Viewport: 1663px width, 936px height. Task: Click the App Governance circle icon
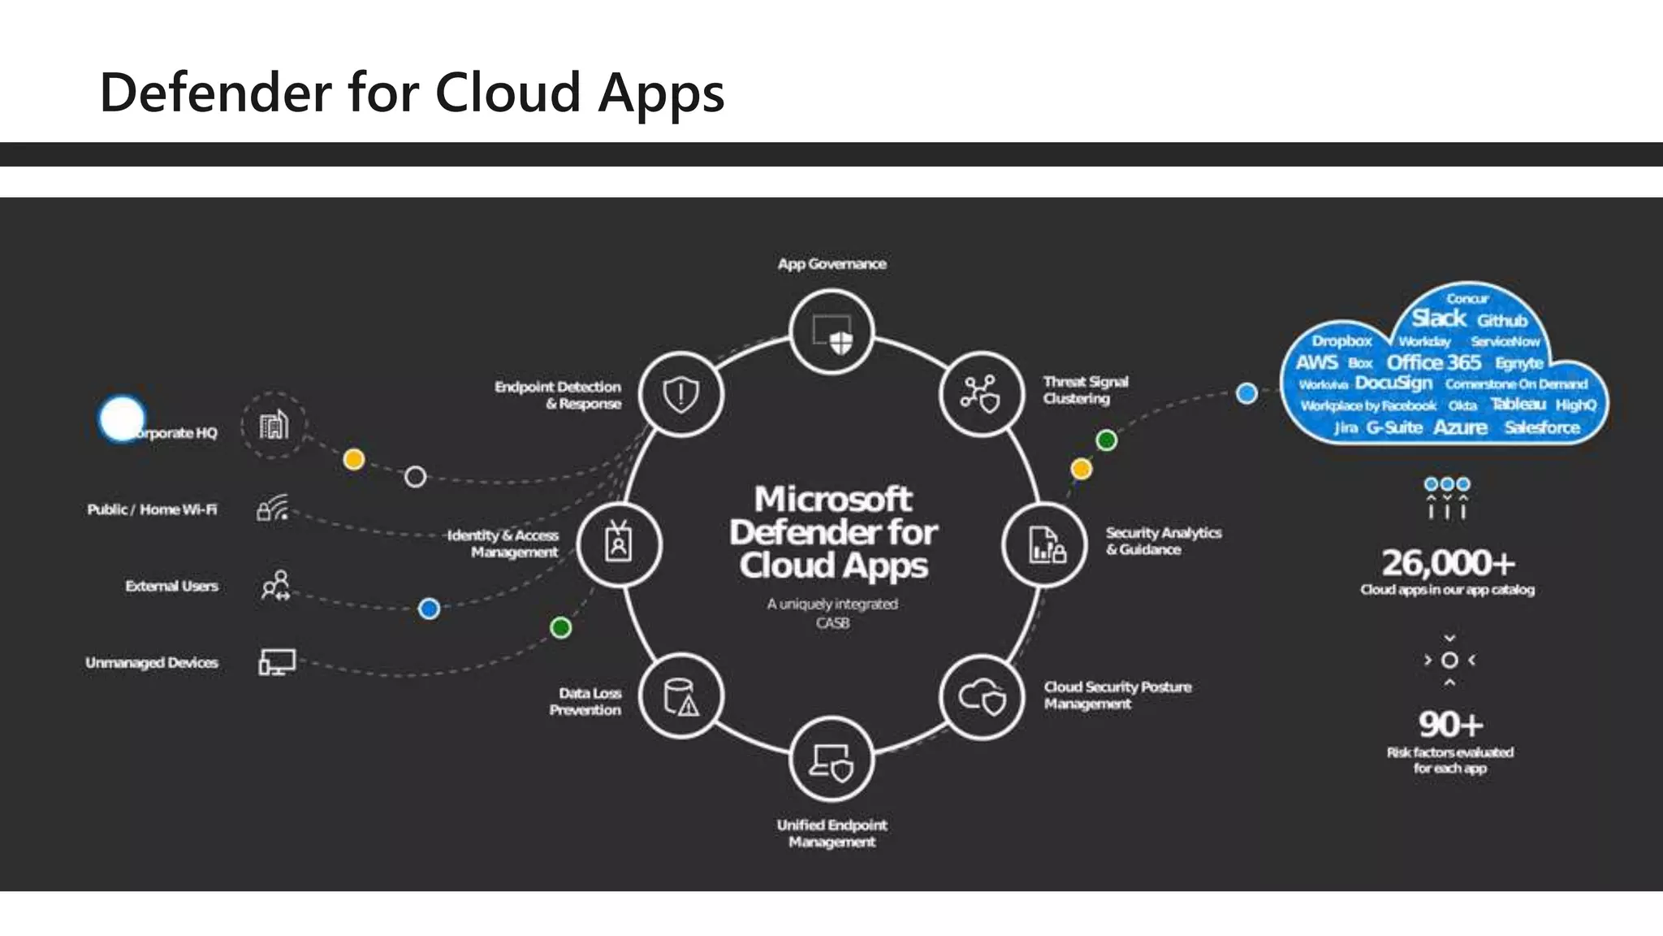831,332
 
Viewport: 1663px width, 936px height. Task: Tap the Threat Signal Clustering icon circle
982,394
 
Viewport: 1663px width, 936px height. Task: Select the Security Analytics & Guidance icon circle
1045,544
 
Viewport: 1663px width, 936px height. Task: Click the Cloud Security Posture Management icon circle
982,697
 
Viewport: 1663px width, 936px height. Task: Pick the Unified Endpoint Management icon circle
831,760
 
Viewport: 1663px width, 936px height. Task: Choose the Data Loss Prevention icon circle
680,697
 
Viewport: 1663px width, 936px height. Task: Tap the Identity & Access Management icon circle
619,544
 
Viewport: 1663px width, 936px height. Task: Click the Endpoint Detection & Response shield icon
680,394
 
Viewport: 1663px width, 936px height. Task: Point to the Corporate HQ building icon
274,425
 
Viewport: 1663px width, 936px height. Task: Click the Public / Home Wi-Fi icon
274,509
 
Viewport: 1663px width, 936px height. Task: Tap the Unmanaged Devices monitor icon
276,662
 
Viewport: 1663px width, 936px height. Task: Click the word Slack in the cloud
1439,318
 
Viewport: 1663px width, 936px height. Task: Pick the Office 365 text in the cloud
1433,362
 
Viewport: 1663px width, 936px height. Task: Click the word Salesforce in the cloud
1541,427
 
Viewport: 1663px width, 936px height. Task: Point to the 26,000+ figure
1449,562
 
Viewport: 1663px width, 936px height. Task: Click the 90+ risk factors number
1450,723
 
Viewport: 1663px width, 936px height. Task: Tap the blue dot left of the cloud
1246,393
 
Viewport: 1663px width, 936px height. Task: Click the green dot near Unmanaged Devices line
560,627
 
